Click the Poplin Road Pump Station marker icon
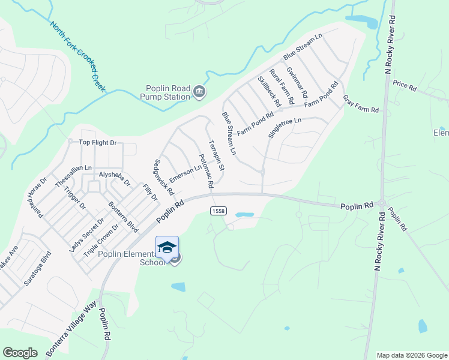pos(199,91)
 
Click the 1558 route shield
pos(218,211)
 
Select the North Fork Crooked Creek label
pos(78,56)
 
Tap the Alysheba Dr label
pos(114,175)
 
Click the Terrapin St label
pos(217,155)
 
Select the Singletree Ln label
pos(285,128)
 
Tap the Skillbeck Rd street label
pos(269,91)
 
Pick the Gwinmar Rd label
pos(297,82)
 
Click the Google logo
pos(20,353)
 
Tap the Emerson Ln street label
pos(185,174)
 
